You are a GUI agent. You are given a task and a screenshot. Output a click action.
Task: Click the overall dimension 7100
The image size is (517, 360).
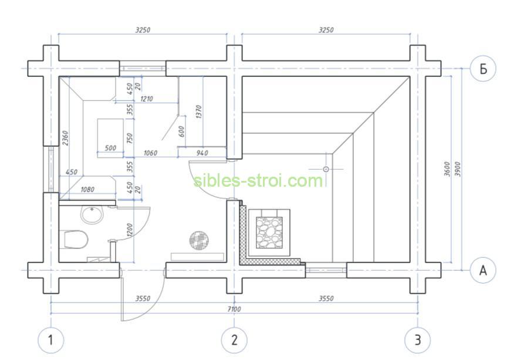[x=234, y=309]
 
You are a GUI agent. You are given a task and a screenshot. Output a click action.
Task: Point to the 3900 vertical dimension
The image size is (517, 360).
[x=458, y=169]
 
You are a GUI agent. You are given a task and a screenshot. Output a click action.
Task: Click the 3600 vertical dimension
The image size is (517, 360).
[x=447, y=169]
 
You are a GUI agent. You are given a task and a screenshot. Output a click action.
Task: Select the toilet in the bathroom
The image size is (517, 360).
[x=75, y=239]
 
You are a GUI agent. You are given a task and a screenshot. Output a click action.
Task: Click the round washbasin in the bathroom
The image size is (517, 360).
[x=92, y=214]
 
